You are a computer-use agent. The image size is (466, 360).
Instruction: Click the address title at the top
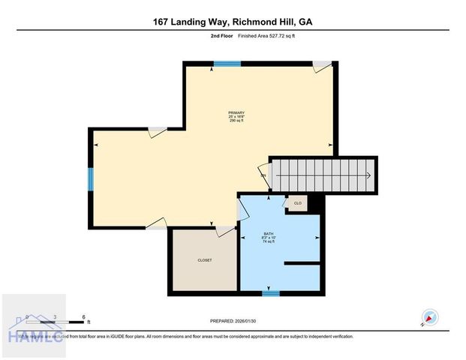(x=233, y=22)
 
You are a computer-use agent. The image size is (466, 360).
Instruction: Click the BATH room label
(x=269, y=238)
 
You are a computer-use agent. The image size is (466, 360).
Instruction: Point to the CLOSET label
(x=204, y=260)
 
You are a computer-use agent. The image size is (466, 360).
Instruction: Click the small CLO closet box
(x=297, y=203)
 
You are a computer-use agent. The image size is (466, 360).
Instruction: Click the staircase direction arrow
(x=368, y=175)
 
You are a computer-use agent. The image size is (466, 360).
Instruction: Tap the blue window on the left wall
(x=91, y=179)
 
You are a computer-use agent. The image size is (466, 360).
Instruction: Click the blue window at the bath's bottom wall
(x=271, y=292)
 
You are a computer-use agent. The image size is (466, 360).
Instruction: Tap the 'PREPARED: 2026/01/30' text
(x=233, y=321)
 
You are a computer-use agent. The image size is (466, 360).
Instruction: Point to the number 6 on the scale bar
(x=84, y=316)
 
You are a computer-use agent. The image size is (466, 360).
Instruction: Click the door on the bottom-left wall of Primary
(x=155, y=223)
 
